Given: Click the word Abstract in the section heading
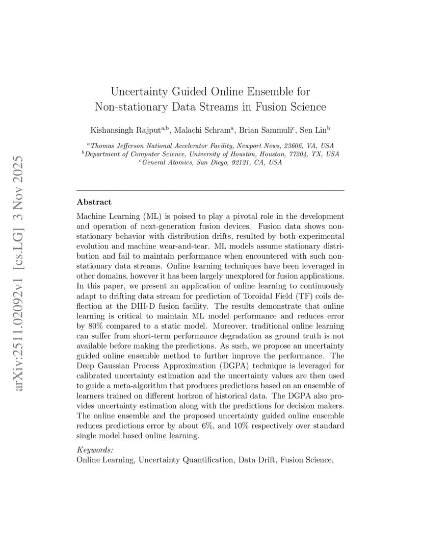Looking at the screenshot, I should [x=94, y=202].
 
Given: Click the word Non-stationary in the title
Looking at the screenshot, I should [x=127, y=107].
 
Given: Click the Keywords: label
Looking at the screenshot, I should [x=95, y=450].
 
